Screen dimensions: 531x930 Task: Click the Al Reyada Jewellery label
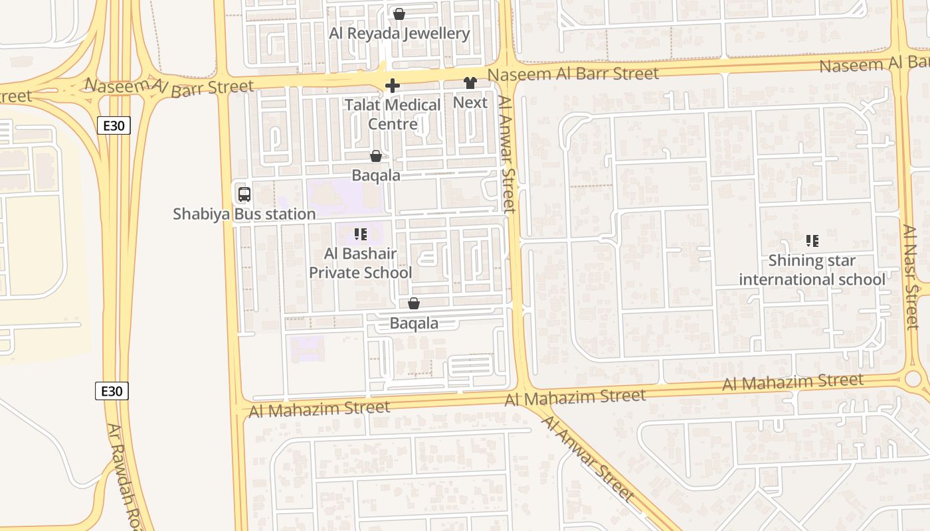point(399,33)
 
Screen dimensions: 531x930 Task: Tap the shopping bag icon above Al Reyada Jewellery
point(399,14)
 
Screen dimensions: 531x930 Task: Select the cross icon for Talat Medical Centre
point(393,86)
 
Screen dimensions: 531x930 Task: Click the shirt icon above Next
point(470,84)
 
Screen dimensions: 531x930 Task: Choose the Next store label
point(470,102)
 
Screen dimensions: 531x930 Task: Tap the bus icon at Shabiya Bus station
point(244,194)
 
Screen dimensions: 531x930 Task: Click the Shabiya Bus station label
point(244,214)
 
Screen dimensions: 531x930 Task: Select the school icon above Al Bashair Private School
point(361,234)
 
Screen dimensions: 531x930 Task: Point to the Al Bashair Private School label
point(361,263)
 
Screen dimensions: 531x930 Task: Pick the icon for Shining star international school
point(812,241)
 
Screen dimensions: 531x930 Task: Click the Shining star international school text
point(812,269)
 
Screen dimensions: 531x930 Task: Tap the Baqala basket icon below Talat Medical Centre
point(376,156)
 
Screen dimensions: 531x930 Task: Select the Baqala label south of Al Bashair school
point(414,323)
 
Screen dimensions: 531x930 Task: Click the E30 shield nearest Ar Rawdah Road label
point(112,391)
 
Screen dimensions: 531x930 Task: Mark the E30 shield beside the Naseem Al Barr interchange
point(114,125)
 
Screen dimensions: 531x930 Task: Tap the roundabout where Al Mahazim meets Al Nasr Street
point(913,378)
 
